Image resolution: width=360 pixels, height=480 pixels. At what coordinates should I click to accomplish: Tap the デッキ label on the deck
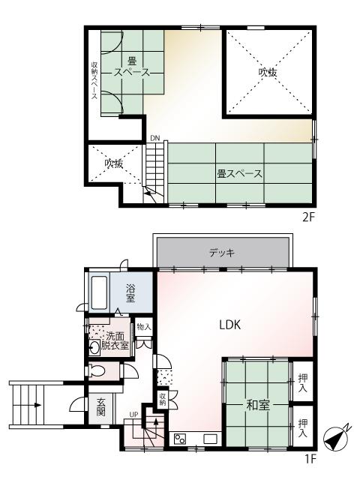tap(223, 253)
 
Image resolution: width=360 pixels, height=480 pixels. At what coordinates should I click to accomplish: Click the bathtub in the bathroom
tap(100, 292)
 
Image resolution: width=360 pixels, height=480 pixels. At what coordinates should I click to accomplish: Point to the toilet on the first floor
tap(95, 370)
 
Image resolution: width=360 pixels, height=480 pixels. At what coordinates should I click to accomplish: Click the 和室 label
tap(258, 405)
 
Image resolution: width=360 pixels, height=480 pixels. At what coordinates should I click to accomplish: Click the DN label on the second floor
tap(154, 138)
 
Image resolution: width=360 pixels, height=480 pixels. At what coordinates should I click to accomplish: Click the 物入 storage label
tap(145, 327)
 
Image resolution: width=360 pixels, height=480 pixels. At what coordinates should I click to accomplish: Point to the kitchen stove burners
tap(181, 439)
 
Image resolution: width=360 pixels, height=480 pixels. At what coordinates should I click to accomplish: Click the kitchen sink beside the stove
tap(209, 438)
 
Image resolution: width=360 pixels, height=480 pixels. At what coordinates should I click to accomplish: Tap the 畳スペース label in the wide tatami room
tap(239, 174)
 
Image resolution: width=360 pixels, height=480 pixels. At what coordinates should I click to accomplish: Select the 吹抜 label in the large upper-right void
tap(268, 73)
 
